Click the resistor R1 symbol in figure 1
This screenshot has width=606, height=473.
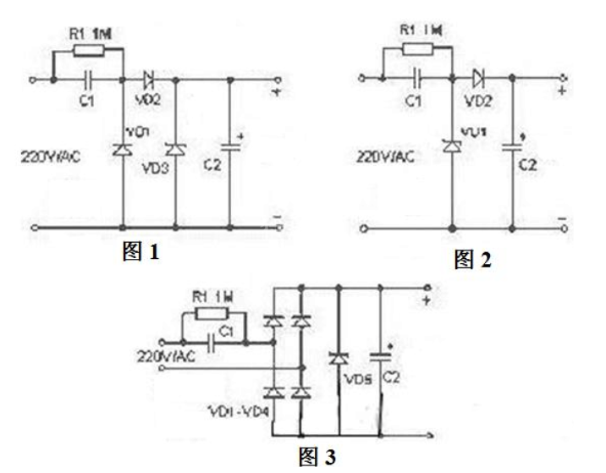coord(89,51)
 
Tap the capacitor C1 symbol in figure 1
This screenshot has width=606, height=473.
coord(90,80)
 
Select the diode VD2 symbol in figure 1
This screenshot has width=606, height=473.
coord(150,80)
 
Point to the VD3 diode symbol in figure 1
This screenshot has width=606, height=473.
coord(175,150)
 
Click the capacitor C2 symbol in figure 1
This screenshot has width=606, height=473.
coord(230,150)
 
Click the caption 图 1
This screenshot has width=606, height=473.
coord(141,251)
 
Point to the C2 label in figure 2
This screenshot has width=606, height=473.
coord(527,166)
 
